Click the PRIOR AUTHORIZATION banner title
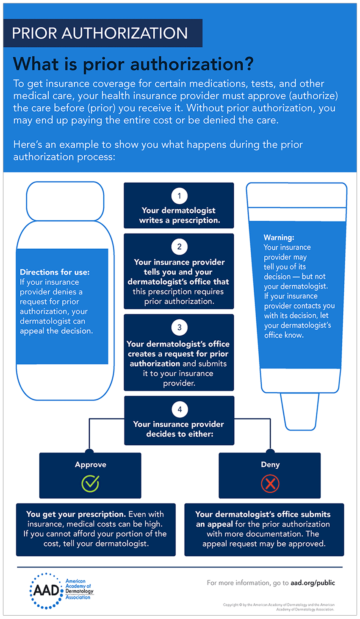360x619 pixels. [100, 33]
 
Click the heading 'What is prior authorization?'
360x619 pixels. [133, 64]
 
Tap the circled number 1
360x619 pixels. [179, 196]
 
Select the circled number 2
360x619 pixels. [179, 247]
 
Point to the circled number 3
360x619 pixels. [179, 328]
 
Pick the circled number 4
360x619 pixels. [180, 409]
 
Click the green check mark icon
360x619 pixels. [90, 483]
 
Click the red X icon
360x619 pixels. [270, 483]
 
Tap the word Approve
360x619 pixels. [90, 464]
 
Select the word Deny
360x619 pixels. [270, 464]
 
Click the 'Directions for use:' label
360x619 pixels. [55, 272]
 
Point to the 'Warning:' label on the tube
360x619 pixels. [279, 237]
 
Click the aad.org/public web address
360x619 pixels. [313, 583]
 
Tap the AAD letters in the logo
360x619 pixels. [47, 590]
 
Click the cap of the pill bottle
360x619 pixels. [65, 201]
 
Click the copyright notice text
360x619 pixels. [279, 607]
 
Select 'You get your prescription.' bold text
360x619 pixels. [76, 514]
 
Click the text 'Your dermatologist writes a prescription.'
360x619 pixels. [179, 215]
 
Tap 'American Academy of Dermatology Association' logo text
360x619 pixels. [79, 589]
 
